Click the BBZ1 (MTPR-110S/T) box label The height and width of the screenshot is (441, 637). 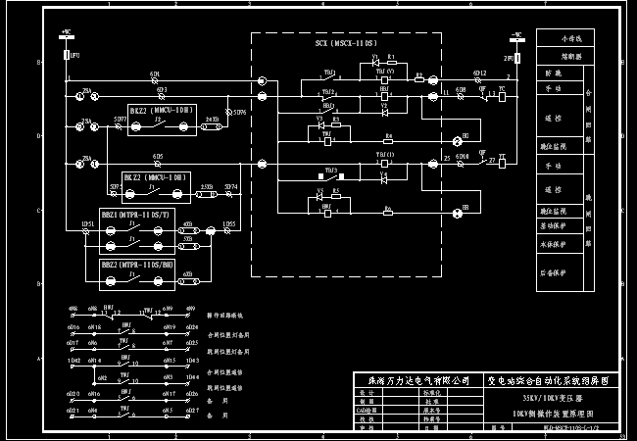(135, 214)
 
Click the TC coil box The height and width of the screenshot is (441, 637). (502, 96)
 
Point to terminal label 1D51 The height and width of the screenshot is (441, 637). (87, 224)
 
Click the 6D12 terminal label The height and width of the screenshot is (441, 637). (479, 73)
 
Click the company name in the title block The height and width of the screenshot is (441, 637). (412, 378)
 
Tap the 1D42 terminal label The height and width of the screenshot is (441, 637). (74, 361)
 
